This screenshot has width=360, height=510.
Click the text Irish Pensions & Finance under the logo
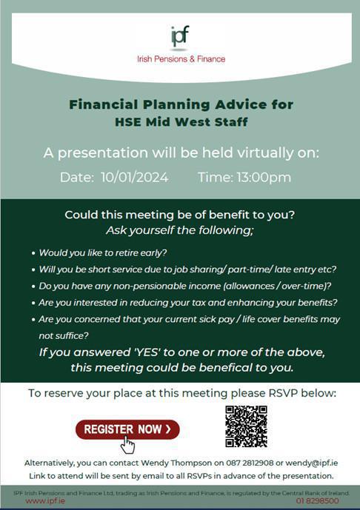click(x=180, y=58)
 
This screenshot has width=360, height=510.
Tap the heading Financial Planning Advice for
click(x=181, y=104)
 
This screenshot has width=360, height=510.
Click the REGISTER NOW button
click(x=127, y=429)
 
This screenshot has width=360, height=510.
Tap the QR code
click(x=246, y=426)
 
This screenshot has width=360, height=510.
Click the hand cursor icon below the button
click(x=127, y=445)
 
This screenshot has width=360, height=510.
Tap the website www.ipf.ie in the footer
click(x=47, y=501)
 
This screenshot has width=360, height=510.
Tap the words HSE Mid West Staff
click(x=181, y=121)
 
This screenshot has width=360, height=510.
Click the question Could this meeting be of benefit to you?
click(x=180, y=215)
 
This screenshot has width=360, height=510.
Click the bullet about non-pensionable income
click(x=185, y=286)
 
